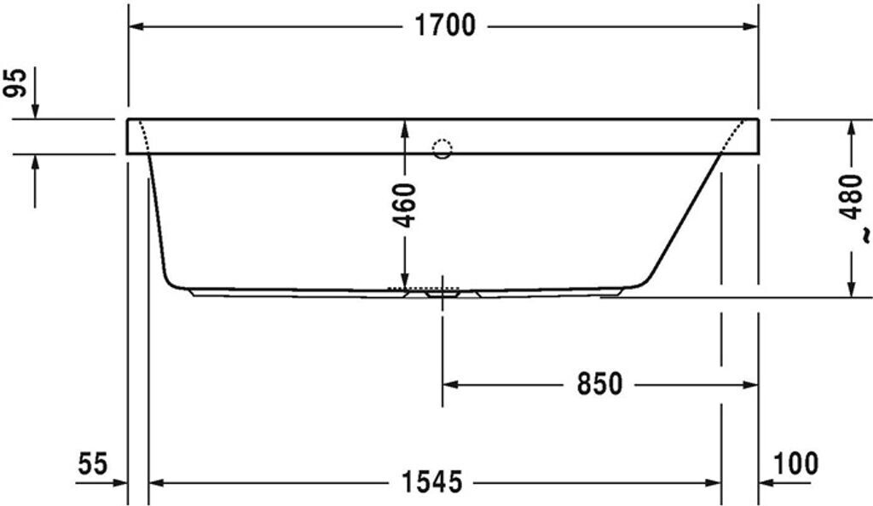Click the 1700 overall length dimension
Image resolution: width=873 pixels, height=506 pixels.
pos(444,26)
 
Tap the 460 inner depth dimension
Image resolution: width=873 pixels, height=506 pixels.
pos(405,204)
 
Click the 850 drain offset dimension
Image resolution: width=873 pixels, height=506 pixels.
pos(599,384)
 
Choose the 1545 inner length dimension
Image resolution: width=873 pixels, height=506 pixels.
pos(432,483)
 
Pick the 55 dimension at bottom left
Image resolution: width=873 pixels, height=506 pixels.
pos(93,464)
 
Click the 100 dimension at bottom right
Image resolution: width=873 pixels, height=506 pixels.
pos(796,464)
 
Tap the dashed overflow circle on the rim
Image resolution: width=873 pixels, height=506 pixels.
pos(442,150)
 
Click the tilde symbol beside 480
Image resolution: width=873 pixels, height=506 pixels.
pos(863,232)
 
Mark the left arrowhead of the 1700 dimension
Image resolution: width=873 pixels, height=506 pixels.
pos(136,26)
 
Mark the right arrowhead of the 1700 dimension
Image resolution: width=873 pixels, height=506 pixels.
pos(750,26)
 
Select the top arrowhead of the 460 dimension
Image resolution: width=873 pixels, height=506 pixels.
pos(405,127)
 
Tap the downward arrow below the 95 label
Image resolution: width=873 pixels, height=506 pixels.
pos(35,110)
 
